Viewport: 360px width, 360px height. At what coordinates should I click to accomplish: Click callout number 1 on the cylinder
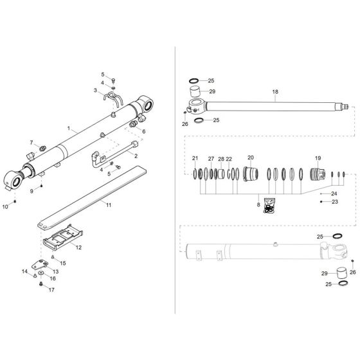68,129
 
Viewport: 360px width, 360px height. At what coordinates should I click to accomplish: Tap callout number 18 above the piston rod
275,92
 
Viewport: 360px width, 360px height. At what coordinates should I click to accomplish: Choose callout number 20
251,157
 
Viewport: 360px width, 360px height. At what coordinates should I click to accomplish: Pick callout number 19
317,158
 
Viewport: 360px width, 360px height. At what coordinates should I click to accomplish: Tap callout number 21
195,158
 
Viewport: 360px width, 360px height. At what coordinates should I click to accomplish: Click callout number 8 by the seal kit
259,205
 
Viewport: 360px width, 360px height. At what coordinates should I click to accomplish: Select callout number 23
335,202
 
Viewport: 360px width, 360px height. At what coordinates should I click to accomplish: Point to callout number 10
6,206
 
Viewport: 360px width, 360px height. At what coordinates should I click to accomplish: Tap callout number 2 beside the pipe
136,155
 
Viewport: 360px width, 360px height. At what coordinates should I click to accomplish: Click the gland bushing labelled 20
251,174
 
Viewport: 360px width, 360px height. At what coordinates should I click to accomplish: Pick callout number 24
334,193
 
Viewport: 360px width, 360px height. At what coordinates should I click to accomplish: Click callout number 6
143,131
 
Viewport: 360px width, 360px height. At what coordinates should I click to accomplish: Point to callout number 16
53,278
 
